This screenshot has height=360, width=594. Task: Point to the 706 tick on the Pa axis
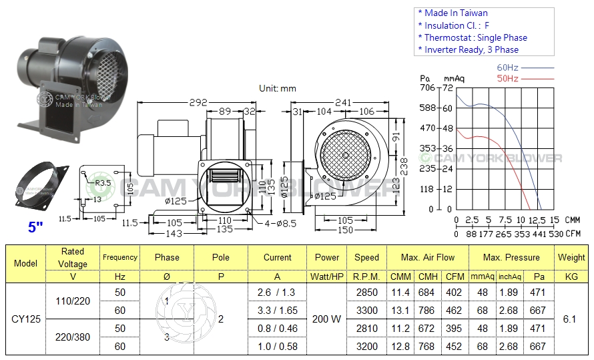click(427, 87)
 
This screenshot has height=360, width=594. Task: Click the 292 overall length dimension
click(197, 103)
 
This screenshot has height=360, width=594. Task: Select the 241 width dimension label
click(343, 103)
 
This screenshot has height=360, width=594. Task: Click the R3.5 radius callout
click(102, 182)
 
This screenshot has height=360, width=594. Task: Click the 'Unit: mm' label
click(277, 88)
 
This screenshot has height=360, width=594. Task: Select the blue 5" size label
click(35, 227)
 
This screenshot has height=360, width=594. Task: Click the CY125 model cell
click(26, 319)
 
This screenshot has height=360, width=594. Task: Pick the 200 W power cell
click(326, 319)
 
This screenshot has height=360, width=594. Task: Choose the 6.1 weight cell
click(570, 319)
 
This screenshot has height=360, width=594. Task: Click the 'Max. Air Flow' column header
click(428, 257)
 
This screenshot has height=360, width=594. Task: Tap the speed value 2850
click(366, 293)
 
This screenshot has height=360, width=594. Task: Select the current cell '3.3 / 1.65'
click(277, 311)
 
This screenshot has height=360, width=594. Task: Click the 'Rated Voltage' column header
click(72, 257)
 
